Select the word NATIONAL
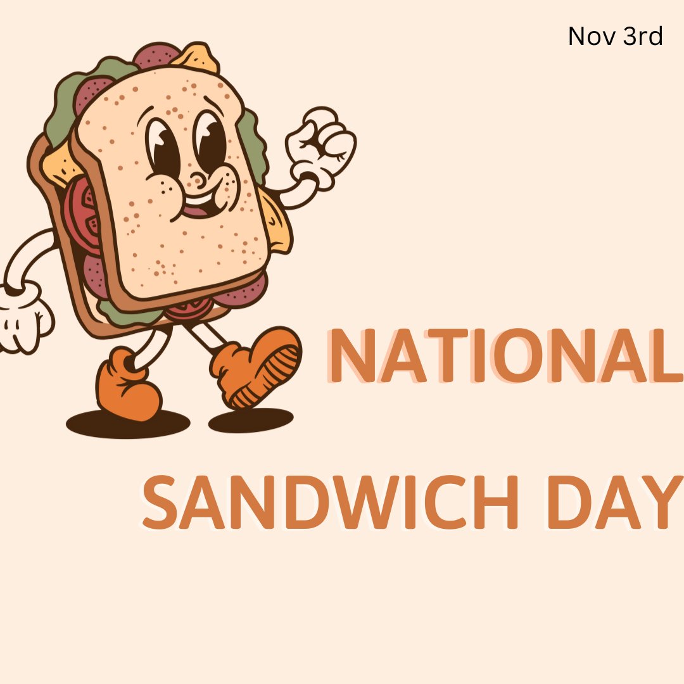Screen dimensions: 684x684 (503, 357)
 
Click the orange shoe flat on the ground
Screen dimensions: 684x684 (127, 386)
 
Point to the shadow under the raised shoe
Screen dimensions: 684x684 (251, 421)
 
